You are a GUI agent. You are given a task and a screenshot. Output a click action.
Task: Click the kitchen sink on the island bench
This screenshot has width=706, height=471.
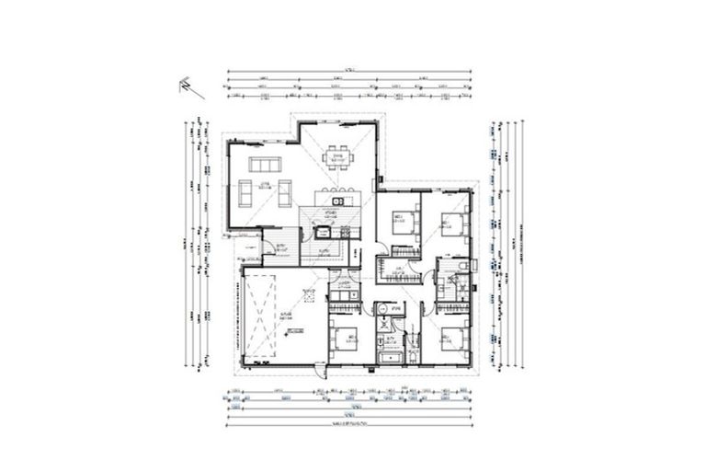tap(337, 201)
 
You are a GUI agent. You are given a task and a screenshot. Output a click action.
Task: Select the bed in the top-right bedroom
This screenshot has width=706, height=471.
tap(451, 223)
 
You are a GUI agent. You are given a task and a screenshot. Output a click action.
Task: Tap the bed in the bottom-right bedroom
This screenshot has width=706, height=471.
tap(448, 342)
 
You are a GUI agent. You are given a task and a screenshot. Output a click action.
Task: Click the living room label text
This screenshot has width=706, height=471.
tap(263, 187)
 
